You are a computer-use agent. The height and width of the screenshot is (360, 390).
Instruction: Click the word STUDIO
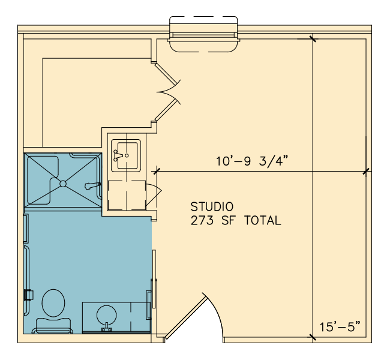(212, 207)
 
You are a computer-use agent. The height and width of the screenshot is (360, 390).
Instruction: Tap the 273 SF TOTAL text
(236, 220)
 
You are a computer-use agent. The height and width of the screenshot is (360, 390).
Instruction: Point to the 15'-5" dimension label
(340, 327)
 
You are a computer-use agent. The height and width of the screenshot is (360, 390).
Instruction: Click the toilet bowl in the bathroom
(53, 303)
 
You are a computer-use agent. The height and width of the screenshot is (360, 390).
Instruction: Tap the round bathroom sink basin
(106, 315)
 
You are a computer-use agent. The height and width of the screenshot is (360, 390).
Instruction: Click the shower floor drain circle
(63, 184)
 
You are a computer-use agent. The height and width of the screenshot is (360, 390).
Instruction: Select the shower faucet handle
(92, 185)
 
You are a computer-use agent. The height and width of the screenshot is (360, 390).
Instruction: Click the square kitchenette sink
(126, 155)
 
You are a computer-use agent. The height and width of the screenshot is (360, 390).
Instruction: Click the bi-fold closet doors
(167, 92)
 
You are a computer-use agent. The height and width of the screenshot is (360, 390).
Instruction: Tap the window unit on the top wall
(203, 34)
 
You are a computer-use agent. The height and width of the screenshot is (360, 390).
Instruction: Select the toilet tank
(53, 325)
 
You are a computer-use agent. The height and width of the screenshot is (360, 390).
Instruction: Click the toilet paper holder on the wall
(29, 295)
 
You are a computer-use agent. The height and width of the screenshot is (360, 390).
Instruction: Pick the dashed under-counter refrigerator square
(127, 196)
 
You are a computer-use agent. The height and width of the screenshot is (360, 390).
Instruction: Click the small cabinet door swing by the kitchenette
(154, 195)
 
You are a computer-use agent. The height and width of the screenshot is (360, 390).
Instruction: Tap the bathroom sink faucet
(106, 328)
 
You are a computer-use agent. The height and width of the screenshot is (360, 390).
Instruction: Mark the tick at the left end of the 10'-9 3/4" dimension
(157, 171)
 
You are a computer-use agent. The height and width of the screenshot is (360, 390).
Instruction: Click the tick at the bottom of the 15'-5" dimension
(313, 337)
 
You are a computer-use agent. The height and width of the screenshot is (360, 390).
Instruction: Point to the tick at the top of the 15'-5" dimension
(313, 38)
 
